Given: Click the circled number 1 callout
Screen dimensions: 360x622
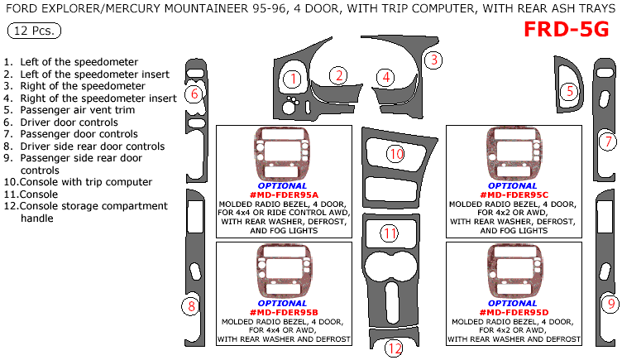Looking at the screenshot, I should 292,79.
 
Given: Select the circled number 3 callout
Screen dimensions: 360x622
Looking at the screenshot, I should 433,60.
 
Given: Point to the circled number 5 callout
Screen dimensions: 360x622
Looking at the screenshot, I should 569,92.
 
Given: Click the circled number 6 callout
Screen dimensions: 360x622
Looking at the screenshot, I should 194,94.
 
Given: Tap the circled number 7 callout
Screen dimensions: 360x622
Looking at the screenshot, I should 606,141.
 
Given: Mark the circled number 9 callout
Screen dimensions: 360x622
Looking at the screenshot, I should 610,304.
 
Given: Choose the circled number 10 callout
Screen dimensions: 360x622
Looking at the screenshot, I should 396,154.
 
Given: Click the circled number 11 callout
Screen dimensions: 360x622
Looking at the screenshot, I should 390,233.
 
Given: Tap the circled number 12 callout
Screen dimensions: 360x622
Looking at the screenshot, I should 395,348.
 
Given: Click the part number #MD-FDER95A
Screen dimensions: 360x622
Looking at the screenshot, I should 282,194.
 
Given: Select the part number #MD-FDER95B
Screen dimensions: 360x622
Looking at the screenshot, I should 282,312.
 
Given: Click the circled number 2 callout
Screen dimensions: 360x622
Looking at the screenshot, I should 337,75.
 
